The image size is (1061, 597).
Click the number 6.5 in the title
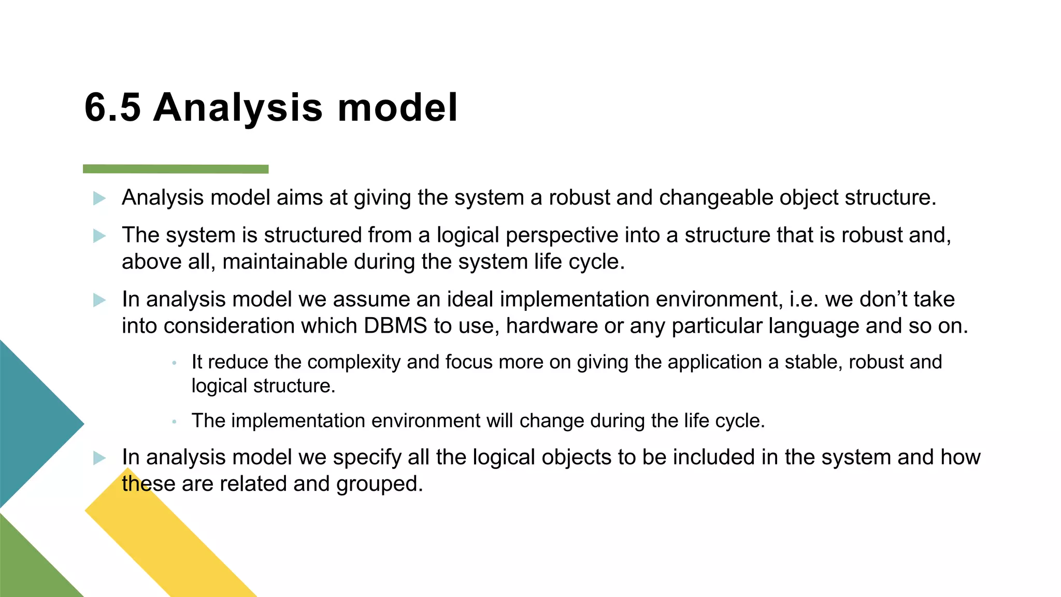[x=112, y=108]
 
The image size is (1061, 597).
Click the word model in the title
[x=398, y=108]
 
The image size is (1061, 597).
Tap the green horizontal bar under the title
[x=176, y=169]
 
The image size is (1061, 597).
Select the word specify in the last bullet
[x=367, y=458]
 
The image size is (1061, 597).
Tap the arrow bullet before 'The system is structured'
[x=99, y=236]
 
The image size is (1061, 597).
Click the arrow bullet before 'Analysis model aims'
[x=99, y=198]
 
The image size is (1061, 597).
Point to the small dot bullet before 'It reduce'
[x=175, y=363]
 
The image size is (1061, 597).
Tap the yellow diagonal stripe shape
[x=171, y=544]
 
